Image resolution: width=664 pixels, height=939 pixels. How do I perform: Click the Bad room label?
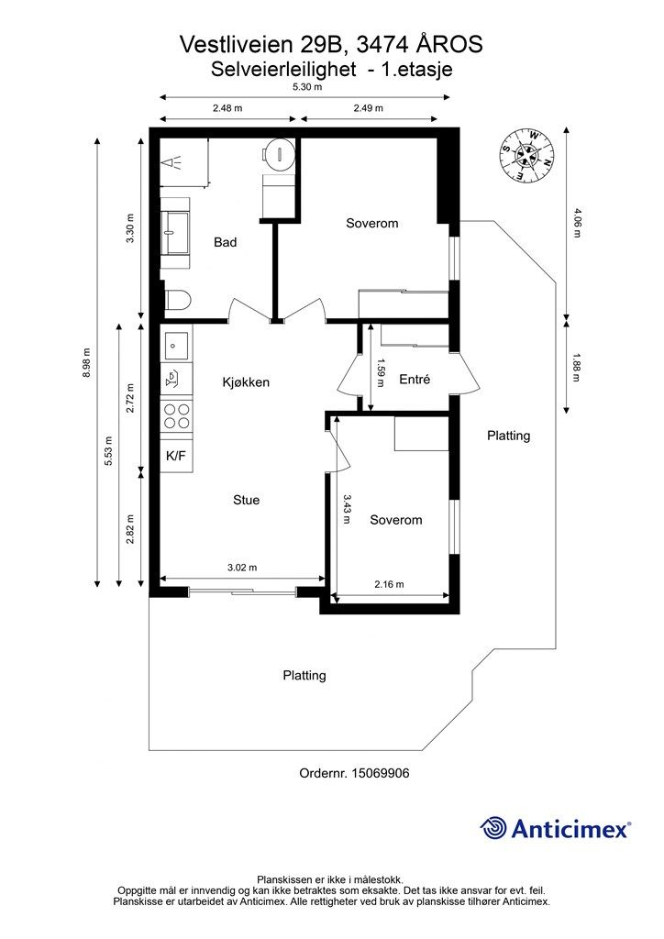(225, 242)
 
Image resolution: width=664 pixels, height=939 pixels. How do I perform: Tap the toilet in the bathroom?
(177, 300)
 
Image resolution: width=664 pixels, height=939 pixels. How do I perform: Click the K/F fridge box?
(176, 456)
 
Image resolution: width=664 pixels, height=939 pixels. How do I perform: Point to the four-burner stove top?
(176, 415)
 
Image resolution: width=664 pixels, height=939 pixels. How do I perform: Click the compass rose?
(526, 155)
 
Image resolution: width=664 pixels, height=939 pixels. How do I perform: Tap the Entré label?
(415, 379)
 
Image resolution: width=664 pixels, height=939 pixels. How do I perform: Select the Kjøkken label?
(246, 382)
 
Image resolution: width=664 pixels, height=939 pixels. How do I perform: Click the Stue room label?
(246, 500)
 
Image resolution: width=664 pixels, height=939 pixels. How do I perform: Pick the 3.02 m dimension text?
(242, 567)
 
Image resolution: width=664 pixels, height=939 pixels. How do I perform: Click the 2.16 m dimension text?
(389, 584)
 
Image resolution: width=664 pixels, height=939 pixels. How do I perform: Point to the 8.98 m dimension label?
(86, 362)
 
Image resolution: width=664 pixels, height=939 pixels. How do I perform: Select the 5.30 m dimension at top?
(307, 87)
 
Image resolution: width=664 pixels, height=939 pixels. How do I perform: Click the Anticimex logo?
(555, 828)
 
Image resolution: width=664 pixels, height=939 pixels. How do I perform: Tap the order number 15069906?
(381, 773)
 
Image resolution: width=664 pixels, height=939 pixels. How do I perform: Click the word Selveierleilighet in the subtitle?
(283, 70)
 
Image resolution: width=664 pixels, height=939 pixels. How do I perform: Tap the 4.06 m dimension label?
(577, 223)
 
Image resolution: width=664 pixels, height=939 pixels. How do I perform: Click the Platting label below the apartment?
(304, 676)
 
